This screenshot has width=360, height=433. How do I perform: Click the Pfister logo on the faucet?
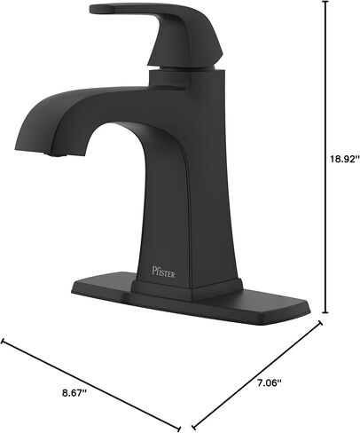pos(163,272)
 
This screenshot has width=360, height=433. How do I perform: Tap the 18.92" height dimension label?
pos(345,160)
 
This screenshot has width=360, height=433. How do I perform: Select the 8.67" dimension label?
pos(74,393)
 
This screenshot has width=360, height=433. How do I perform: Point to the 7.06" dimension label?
pos(269,383)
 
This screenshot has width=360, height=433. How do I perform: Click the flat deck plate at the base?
pos(191,299)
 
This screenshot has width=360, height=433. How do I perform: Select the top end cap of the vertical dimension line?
pos(325,2)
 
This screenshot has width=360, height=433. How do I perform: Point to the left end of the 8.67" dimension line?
pos(3,341)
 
